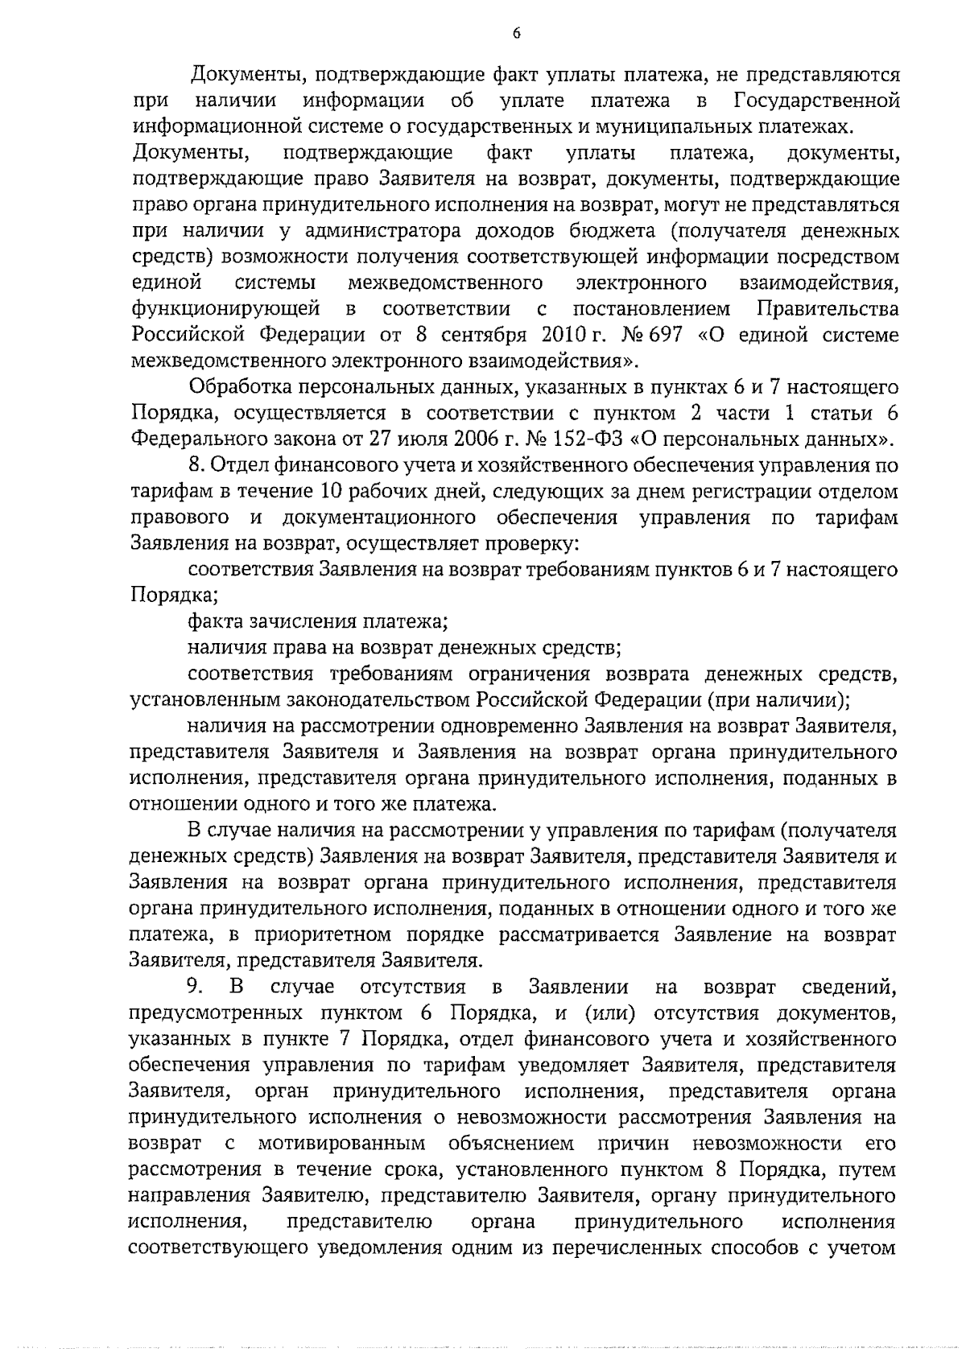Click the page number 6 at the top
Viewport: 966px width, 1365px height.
516,33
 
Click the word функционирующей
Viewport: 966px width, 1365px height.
225,308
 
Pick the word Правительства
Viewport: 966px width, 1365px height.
828,308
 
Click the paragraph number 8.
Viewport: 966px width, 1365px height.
194,465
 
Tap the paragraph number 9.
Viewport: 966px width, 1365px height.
194,987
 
